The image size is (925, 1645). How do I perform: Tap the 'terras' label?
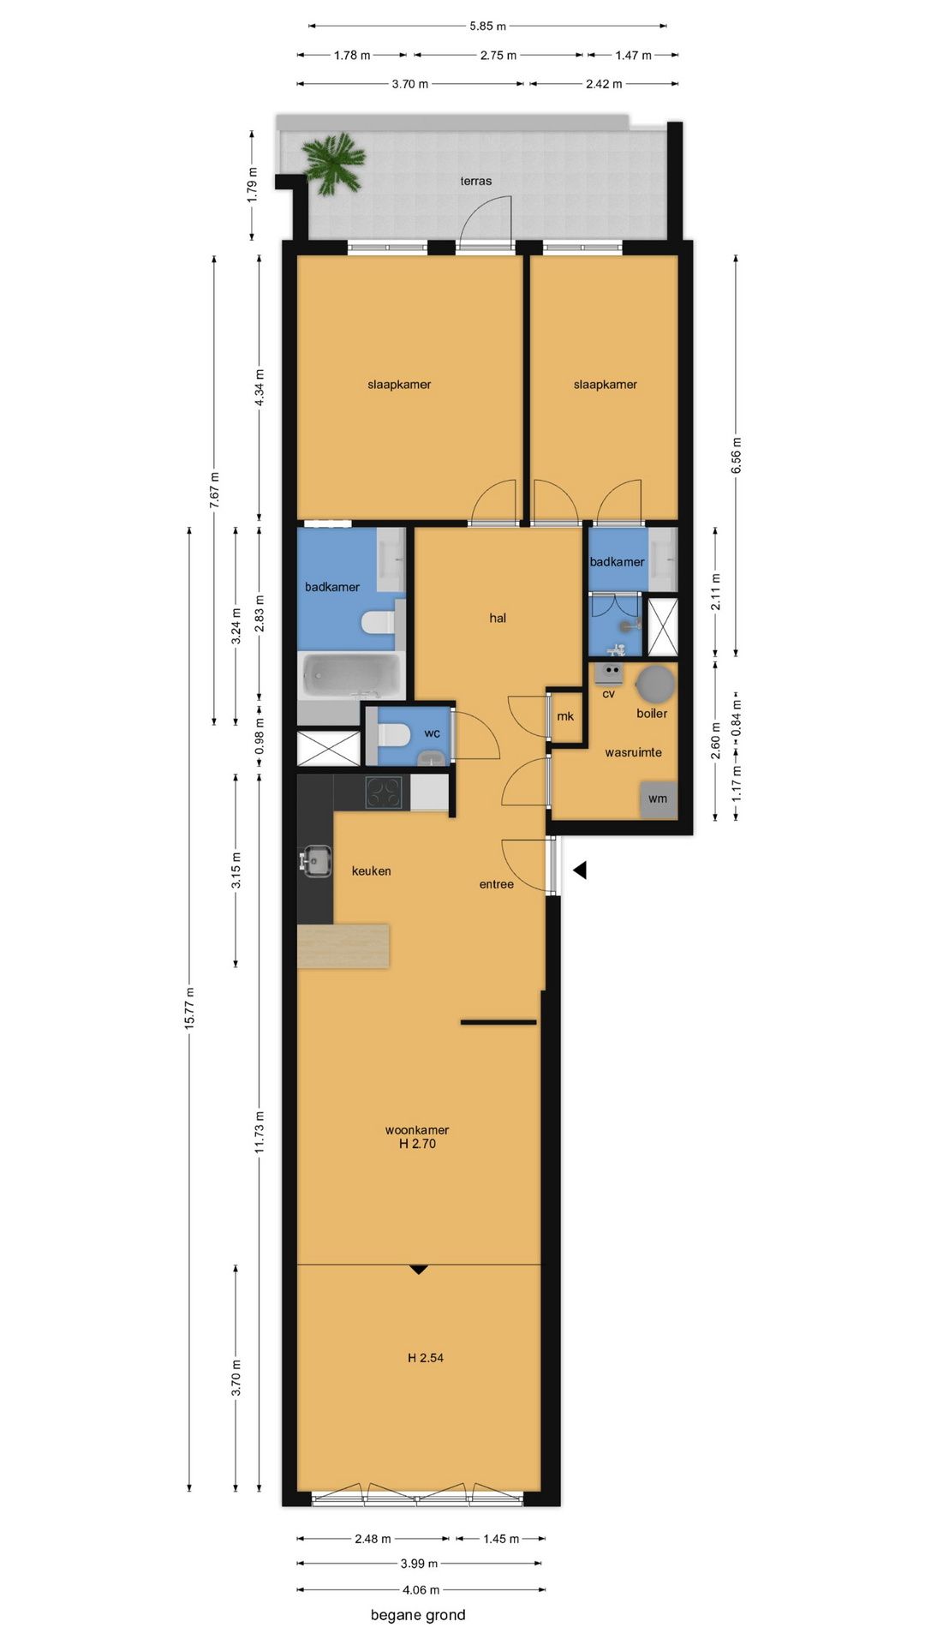coord(476,181)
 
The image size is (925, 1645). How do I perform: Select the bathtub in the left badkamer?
coord(351,676)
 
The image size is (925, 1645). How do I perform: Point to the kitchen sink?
coord(315,861)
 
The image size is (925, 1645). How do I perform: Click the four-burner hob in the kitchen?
coord(384,793)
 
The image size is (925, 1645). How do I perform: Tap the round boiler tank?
coord(655,684)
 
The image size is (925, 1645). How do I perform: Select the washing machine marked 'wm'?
coord(659,799)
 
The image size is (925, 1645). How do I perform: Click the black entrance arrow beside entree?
coord(580,870)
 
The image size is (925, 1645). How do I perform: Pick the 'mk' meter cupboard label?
coord(565,716)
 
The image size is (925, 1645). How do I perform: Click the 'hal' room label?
coord(498,618)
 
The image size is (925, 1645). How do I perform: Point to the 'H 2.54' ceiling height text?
coord(426,1357)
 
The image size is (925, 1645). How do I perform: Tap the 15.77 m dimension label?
coord(189,1008)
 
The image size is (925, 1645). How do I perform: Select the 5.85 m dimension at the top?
coord(487,26)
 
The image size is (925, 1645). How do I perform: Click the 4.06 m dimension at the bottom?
coord(421,1589)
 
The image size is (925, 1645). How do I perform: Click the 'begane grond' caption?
coord(418,1615)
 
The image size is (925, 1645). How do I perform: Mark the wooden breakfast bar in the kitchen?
coord(343,946)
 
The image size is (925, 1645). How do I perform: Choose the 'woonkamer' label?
coord(417,1130)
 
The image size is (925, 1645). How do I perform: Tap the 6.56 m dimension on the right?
coord(737,455)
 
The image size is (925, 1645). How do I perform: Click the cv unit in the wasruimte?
coord(609,673)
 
